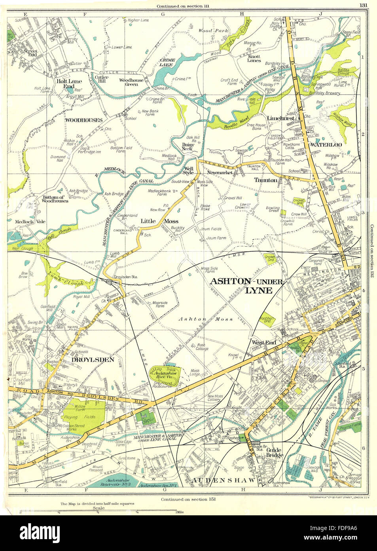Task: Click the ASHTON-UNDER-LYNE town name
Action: pyautogui.click(x=246, y=285)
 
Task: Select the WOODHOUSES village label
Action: pyautogui.click(x=83, y=120)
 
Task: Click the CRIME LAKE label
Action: pyautogui.click(x=167, y=62)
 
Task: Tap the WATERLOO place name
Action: pyautogui.click(x=324, y=145)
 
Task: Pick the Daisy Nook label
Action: pyautogui.click(x=187, y=147)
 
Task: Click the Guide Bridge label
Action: pyautogui.click(x=275, y=453)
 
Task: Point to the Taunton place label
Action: pyautogui.click(x=265, y=180)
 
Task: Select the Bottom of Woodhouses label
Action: pyautogui.click(x=55, y=199)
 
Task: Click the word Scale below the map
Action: pyautogui.click(x=98, y=508)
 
